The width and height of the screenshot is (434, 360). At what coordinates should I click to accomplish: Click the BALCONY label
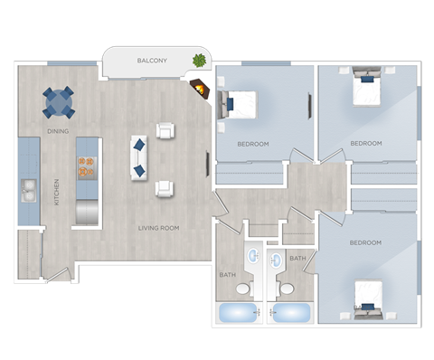click(151, 61)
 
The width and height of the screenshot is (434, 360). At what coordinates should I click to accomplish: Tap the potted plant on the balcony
click(198, 62)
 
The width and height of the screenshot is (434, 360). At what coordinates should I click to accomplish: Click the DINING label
click(59, 132)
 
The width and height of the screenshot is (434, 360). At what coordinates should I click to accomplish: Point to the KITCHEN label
click(57, 190)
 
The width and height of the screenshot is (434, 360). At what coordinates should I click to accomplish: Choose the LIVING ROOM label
click(158, 228)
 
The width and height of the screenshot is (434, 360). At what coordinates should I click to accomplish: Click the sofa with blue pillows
click(139, 156)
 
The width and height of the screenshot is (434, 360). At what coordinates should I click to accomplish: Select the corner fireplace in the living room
click(200, 88)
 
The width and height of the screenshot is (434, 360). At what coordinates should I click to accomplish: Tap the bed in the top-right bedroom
click(368, 89)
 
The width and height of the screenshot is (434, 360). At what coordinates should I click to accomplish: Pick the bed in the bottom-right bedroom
click(368, 299)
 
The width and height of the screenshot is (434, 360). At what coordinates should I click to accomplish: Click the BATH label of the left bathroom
click(228, 274)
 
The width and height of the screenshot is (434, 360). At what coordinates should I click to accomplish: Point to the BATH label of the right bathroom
click(297, 259)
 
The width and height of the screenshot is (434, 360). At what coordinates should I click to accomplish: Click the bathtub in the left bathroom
click(238, 313)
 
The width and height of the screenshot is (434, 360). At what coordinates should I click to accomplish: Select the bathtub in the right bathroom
click(291, 313)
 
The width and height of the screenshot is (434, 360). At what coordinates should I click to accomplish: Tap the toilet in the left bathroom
click(242, 289)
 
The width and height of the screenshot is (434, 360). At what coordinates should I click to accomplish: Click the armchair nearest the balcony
click(165, 131)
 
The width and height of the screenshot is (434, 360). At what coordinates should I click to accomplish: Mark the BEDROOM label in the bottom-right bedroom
click(366, 242)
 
